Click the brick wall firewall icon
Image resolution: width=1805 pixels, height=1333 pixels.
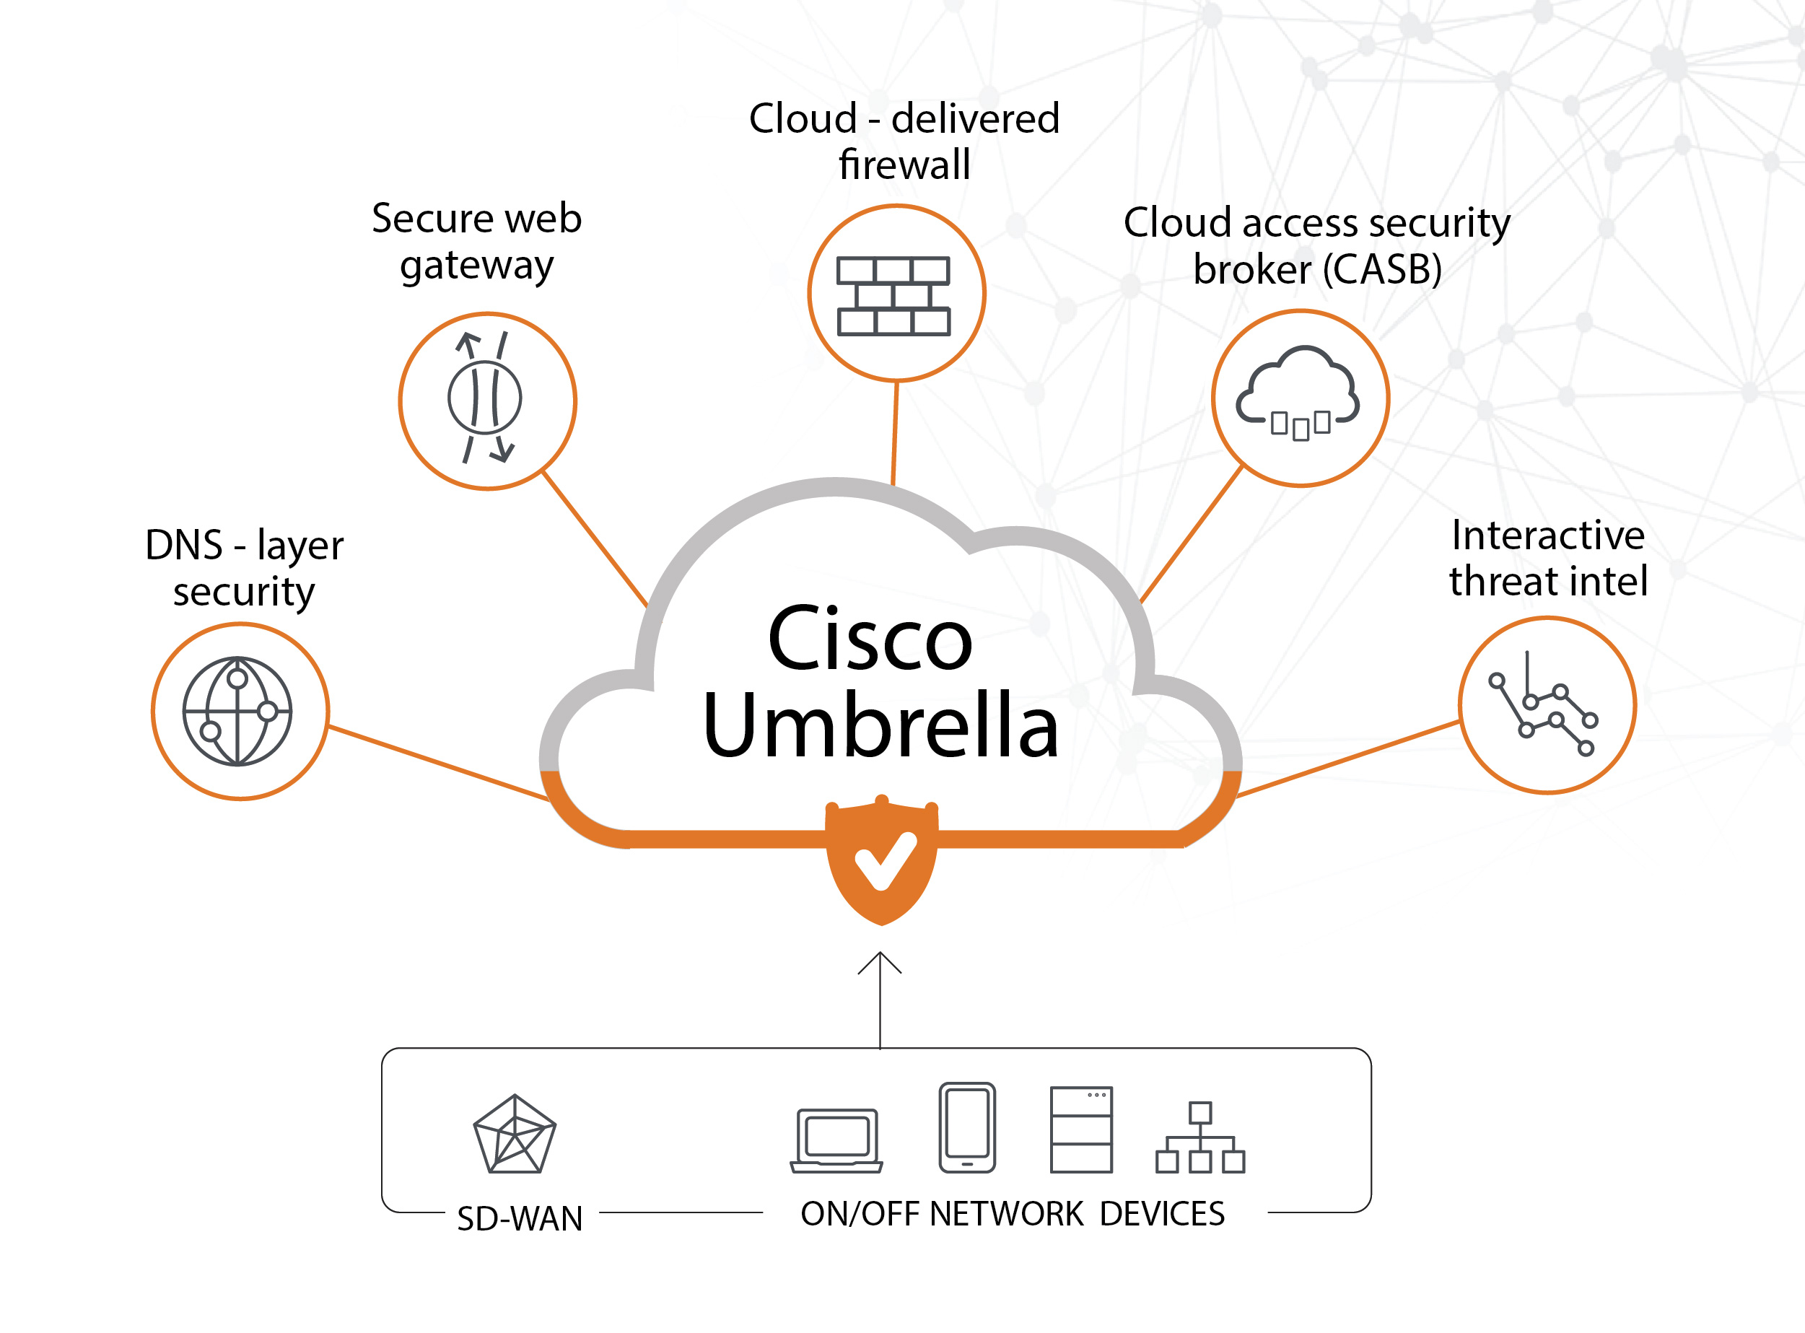(x=893, y=295)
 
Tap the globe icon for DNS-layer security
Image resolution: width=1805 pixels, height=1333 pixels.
(x=237, y=711)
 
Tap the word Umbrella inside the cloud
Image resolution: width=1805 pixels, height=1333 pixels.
(x=880, y=725)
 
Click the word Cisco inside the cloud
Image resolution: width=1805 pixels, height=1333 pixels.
(x=870, y=638)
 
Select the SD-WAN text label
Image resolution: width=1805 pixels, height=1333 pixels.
(x=520, y=1218)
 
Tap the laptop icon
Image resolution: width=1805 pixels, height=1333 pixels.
(x=836, y=1140)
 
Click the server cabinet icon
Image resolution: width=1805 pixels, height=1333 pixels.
(x=1081, y=1129)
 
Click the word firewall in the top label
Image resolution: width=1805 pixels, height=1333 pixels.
(x=904, y=165)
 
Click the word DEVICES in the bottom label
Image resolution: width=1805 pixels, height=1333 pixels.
(x=1162, y=1214)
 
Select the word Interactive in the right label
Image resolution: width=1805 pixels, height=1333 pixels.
(x=1547, y=535)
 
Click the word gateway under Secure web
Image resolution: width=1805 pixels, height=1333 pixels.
(x=477, y=266)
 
